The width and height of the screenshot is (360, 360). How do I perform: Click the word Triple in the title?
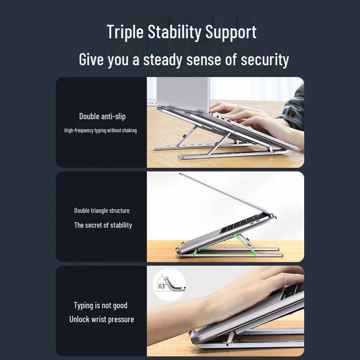pyautogui.click(x=126, y=32)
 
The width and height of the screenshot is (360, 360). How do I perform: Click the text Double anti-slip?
pyautogui.click(x=102, y=117)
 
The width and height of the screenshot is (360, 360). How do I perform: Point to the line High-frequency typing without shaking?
pyautogui.click(x=100, y=130)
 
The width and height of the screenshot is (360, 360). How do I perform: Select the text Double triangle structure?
pyautogui.click(x=102, y=211)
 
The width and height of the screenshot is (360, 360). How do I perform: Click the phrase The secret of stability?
pyautogui.click(x=103, y=225)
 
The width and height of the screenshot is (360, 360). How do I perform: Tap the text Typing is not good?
pyautogui.click(x=100, y=306)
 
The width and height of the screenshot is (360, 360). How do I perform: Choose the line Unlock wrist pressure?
pyautogui.click(x=101, y=319)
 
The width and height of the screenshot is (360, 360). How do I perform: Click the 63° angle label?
pyautogui.click(x=162, y=286)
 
